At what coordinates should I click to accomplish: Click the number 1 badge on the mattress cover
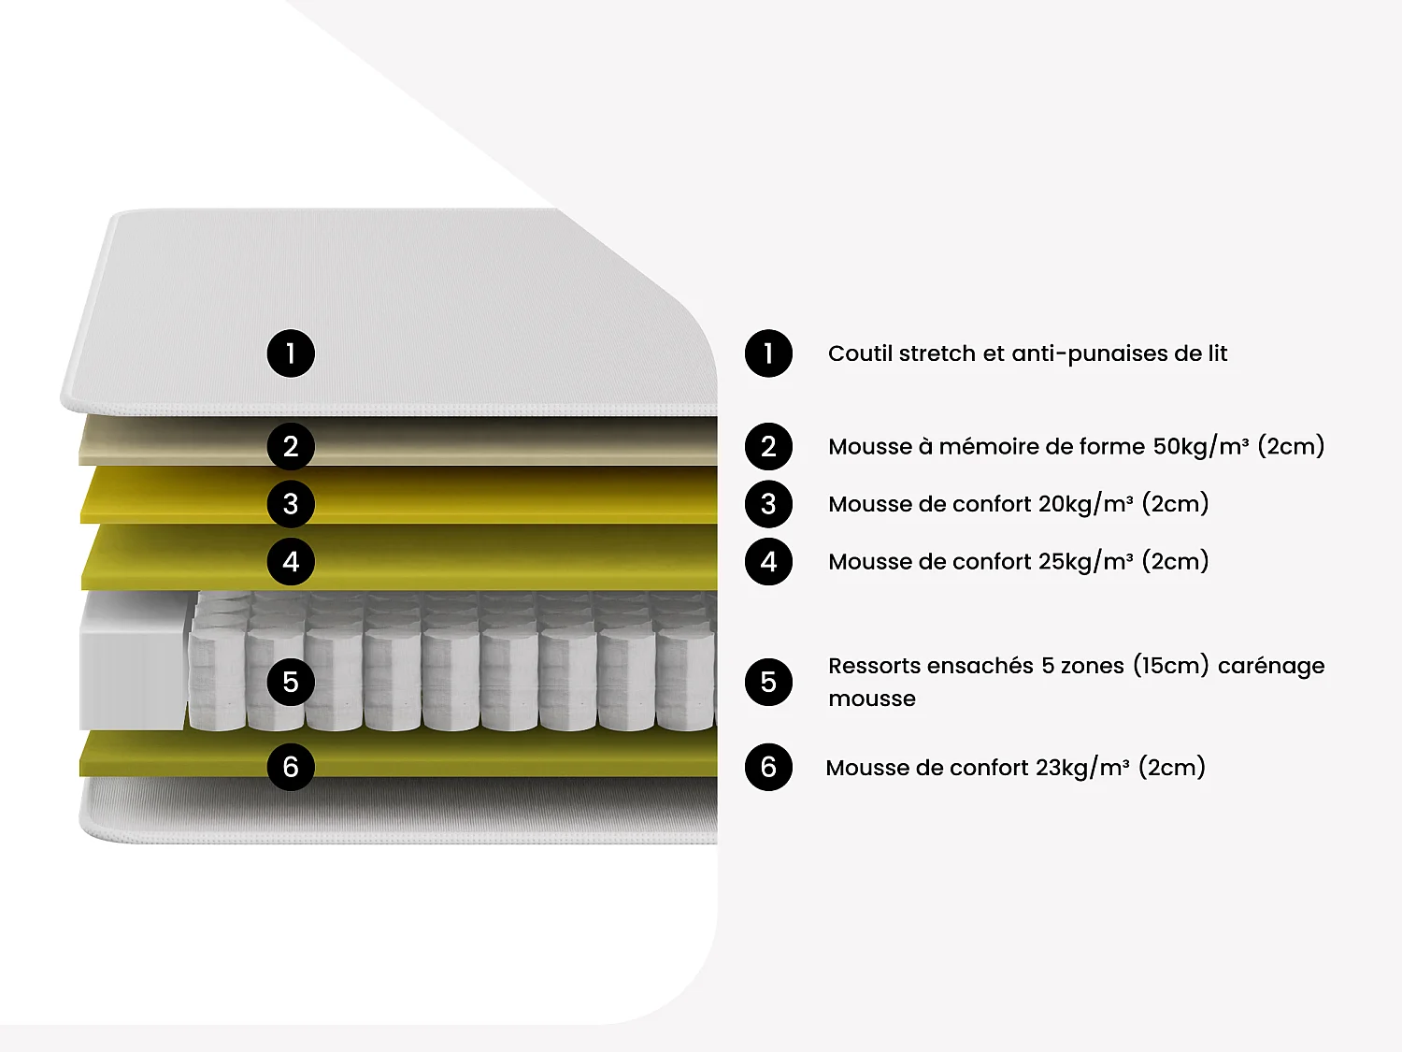tap(291, 353)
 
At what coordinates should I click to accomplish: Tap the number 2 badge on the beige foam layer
tap(291, 446)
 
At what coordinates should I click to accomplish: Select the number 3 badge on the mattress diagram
tap(291, 504)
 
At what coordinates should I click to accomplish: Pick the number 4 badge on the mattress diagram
tap(291, 562)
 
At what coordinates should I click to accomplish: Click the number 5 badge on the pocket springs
tap(291, 682)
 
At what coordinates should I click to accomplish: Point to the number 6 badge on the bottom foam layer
tap(291, 767)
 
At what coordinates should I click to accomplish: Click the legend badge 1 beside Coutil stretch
tap(768, 353)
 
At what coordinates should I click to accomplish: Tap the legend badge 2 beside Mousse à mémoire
tap(768, 446)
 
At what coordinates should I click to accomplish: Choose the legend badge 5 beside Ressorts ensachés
tap(768, 682)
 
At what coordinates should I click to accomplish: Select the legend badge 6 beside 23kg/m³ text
tap(768, 767)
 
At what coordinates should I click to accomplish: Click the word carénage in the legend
tap(1271, 666)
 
